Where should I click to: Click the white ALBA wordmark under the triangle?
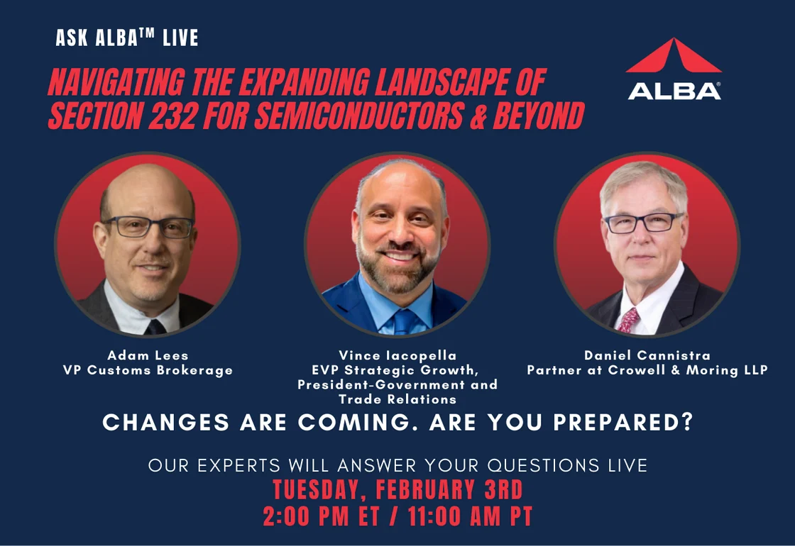pyautogui.click(x=674, y=91)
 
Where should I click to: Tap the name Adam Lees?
pyautogui.click(x=148, y=355)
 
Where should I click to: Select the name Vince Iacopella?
pyautogui.click(x=397, y=355)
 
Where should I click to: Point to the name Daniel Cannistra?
pyautogui.click(x=647, y=355)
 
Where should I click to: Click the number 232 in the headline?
pyautogui.click(x=172, y=116)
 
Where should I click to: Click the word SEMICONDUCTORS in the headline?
pyautogui.click(x=359, y=116)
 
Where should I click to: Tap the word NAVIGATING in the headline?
pyautogui.click(x=116, y=82)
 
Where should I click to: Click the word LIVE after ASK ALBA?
pyautogui.click(x=180, y=38)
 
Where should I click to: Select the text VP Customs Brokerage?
pyautogui.click(x=148, y=370)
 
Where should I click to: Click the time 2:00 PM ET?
pyautogui.click(x=321, y=517)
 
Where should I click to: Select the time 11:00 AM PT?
pyautogui.click(x=470, y=517)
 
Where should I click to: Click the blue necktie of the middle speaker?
pyautogui.click(x=404, y=322)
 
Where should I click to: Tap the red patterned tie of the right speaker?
pyautogui.click(x=627, y=320)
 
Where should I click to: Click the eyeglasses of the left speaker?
pyautogui.click(x=148, y=226)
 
